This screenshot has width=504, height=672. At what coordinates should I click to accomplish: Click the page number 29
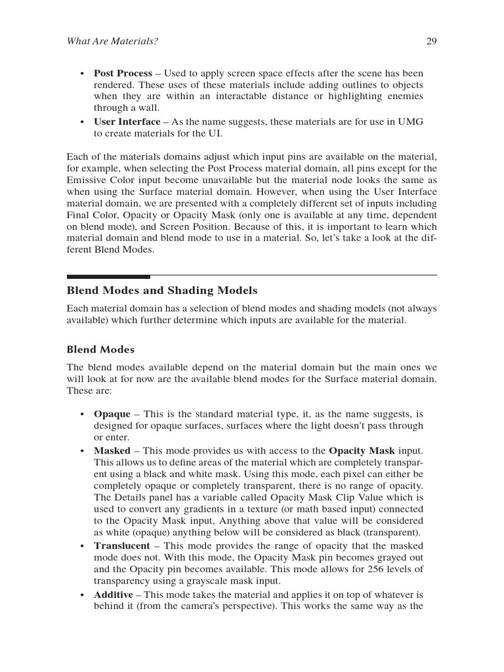tap(431, 41)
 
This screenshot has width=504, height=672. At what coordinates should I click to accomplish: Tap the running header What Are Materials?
tap(112, 41)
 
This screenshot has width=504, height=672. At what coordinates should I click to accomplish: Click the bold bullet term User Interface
tap(127, 121)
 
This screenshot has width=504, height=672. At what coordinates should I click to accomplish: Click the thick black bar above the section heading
tap(108, 277)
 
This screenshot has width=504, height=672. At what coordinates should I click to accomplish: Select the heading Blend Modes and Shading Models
tap(162, 290)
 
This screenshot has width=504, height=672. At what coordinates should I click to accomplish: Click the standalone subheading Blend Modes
tap(100, 349)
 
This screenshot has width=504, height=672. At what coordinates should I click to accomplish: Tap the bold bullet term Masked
tap(112, 450)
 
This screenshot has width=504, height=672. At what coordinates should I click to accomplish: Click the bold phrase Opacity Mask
tap(362, 450)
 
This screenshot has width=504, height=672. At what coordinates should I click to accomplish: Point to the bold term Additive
tap(114, 595)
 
